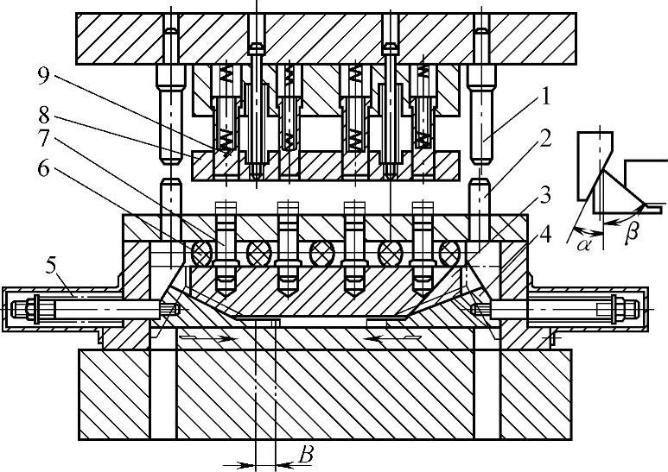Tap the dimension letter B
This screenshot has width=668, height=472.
304,454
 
